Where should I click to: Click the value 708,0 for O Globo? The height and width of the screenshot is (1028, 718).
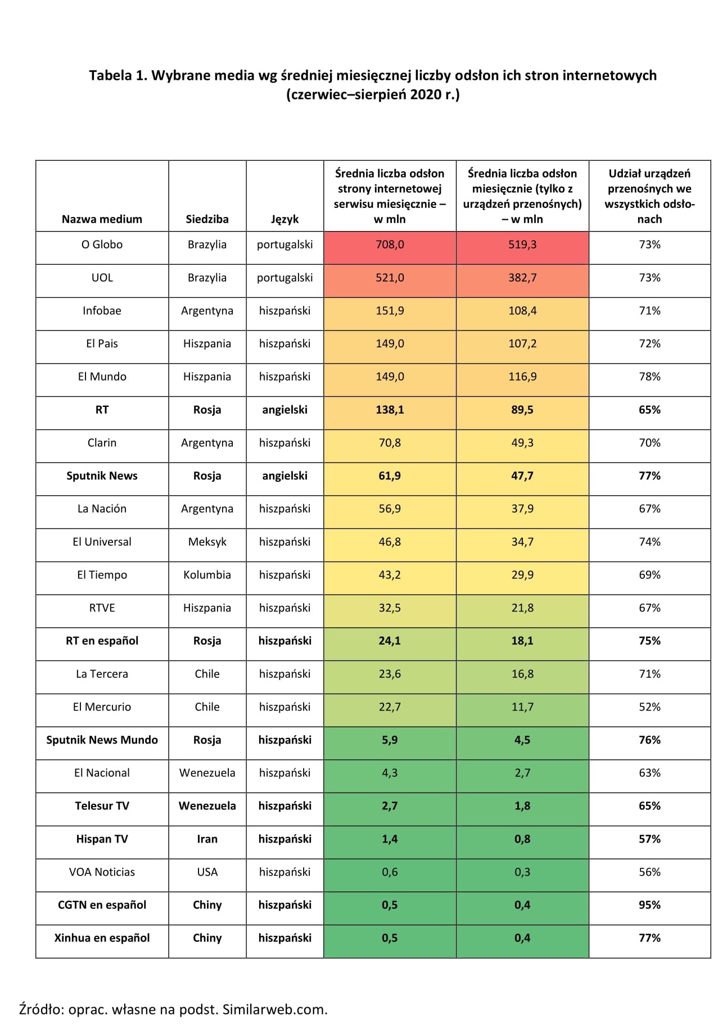coord(390,244)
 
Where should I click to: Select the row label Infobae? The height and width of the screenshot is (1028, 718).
coord(102,311)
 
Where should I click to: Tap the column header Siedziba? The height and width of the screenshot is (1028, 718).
coord(207,219)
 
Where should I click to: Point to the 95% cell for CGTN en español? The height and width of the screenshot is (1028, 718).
coord(649,905)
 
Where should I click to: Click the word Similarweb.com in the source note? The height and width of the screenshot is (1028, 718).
coord(274,1009)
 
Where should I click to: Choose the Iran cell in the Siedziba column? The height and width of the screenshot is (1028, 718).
coord(207,839)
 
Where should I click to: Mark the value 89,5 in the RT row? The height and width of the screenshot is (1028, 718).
coord(522,410)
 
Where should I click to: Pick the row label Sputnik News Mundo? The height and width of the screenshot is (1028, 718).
coord(102,740)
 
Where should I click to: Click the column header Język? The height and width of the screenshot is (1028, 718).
coord(285,219)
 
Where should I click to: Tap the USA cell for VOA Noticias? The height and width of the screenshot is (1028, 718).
coord(207,872)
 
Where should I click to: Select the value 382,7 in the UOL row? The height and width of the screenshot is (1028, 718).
coord(522,278)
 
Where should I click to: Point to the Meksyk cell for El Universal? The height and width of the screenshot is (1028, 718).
coord(207,542)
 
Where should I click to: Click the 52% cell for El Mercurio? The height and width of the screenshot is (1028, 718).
coord(649,707)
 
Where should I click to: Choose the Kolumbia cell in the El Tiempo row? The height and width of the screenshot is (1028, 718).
coord(207,575)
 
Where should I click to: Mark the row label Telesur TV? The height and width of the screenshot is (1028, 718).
coord(102,806)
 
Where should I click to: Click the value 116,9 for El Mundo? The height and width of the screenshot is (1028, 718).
coord(522,377)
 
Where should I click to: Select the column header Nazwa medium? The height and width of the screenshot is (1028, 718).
coord(102,219)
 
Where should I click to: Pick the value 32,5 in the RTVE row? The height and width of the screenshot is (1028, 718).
coord(390,608)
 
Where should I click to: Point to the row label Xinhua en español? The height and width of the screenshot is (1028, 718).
coord(102,938)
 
